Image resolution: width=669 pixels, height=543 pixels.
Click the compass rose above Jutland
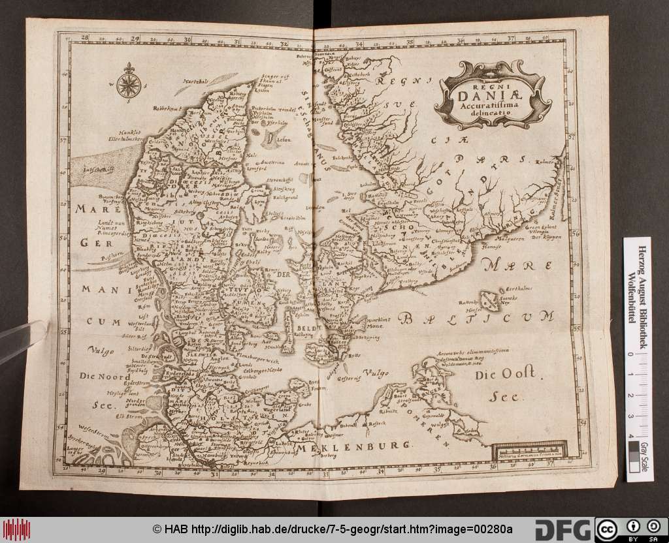(127, 83)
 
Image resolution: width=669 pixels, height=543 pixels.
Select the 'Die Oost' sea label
(505, 375)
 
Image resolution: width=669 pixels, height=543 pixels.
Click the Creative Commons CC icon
(606, 529)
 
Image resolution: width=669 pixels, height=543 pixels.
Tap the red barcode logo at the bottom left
(16, 529)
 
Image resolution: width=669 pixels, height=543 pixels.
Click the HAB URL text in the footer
(333, 529)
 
